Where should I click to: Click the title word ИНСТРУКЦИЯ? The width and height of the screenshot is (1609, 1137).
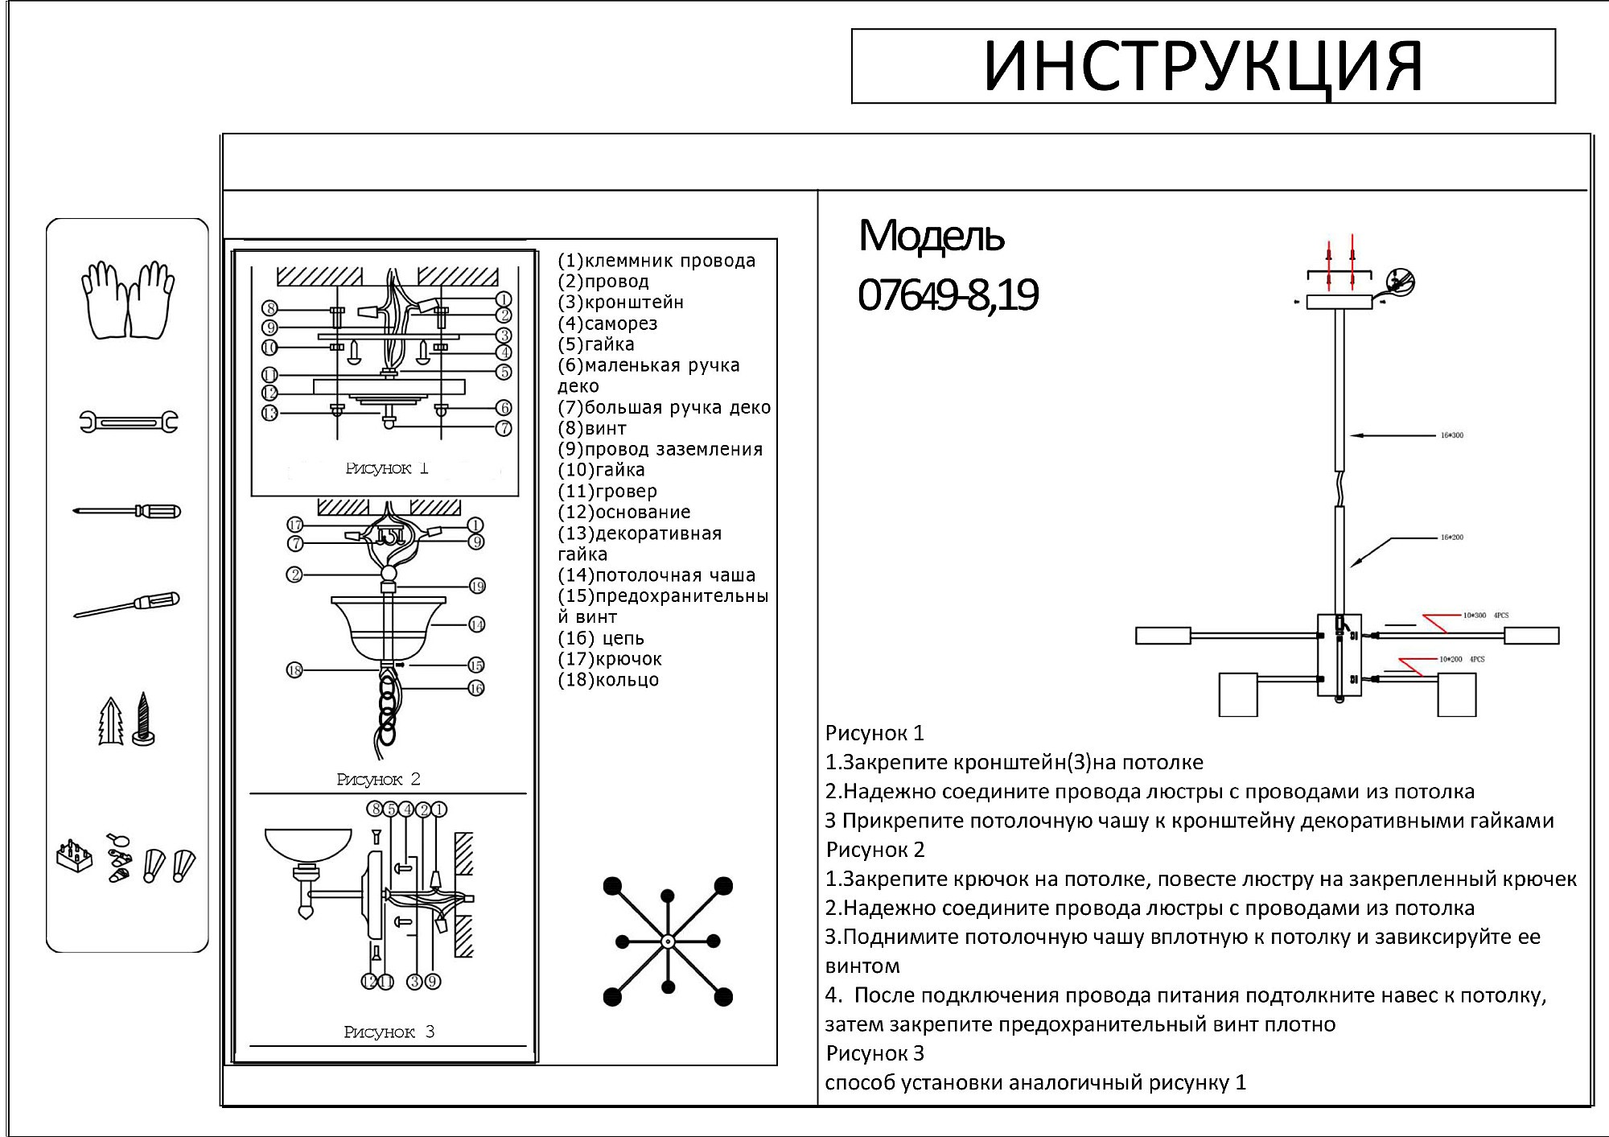1203,66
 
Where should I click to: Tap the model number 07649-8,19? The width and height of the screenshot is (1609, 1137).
948,295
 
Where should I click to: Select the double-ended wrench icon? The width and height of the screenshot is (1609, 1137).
128,422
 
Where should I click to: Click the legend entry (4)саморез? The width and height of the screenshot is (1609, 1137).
607,323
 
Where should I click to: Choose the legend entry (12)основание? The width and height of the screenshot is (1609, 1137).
623,512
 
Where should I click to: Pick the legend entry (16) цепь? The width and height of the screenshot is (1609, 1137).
601,638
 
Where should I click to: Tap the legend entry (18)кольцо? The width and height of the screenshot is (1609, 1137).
608,680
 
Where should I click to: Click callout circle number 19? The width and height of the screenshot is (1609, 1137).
477,586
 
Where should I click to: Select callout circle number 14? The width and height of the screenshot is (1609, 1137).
477,624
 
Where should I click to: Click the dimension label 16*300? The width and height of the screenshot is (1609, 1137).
1451,435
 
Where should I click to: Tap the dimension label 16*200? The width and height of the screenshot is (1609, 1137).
1451,538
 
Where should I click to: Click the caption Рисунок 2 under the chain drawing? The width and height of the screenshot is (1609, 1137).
378,779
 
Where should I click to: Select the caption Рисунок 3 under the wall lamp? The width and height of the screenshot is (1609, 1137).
389,1032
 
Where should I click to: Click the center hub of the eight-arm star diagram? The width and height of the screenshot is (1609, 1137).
667,941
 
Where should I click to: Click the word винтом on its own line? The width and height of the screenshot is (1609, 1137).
862,966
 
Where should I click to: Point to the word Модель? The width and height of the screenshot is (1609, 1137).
931,236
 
